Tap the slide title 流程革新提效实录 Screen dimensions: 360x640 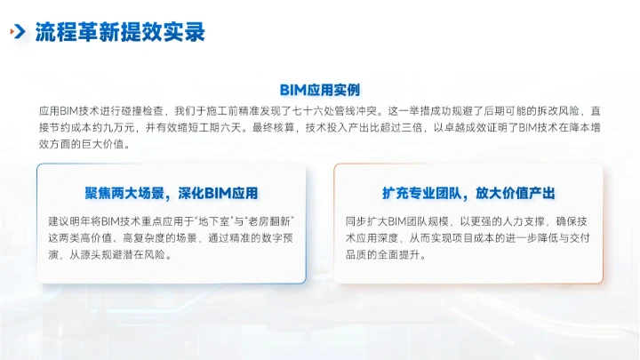coord(120,33)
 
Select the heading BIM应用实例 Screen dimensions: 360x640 coord(319,90)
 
